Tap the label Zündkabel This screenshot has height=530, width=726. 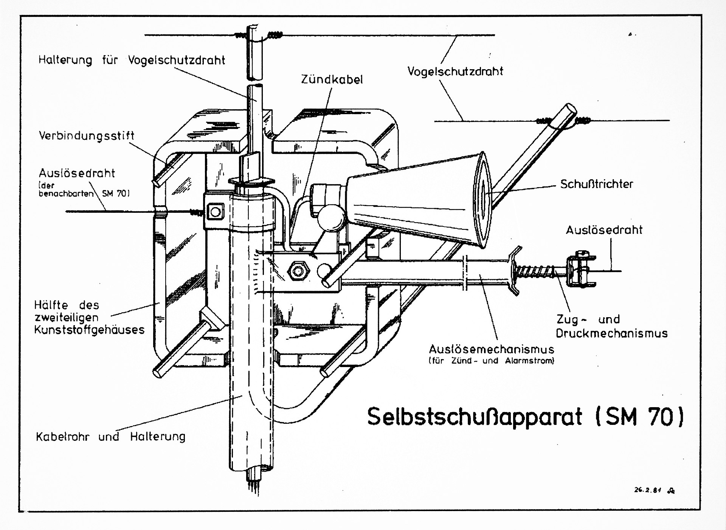pos(332,79)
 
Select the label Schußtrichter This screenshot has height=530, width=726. pos(597,184)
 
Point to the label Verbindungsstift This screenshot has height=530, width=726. pos(87,136)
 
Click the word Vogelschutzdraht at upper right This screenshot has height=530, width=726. pos(455,71)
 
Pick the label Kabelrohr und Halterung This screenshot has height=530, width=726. pos(111,437)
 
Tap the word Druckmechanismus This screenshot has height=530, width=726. pos(612,333)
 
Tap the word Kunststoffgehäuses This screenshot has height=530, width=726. pos(89,330)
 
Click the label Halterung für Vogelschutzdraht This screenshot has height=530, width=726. pos(132,60)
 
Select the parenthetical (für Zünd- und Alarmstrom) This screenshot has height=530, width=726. pos(492,361)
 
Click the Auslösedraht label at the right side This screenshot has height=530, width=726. pos(604,230)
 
